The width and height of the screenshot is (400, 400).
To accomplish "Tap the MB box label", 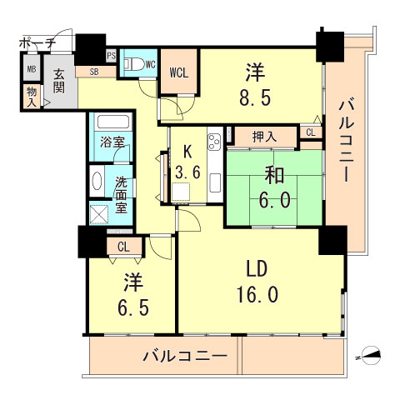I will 31,70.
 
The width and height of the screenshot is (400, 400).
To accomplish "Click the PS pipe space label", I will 111,56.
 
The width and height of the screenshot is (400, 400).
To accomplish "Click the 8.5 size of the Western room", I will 255,84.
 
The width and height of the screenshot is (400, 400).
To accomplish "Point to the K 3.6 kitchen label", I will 186,165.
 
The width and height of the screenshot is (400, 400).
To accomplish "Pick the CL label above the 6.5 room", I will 123,246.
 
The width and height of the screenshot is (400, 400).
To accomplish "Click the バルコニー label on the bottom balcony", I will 184,356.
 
